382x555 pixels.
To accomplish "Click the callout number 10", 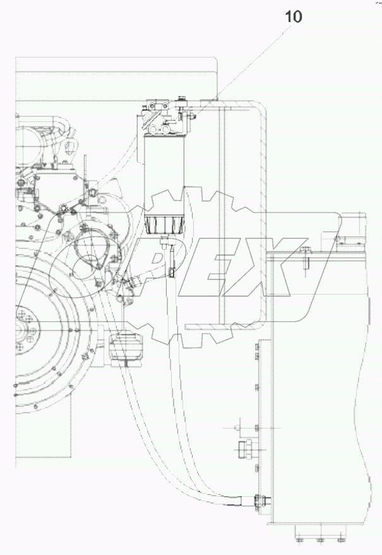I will click(293, 17).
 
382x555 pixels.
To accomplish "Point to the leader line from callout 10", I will click(253, 61).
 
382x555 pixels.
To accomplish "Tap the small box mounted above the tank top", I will click(350, 230).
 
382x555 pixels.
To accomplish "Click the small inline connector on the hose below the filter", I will click(171, 271).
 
